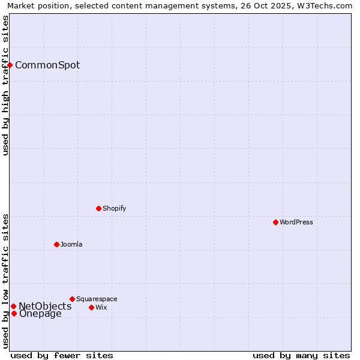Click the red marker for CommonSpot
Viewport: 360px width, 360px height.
click(x=10, y=65)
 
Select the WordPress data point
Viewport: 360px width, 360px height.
click(x=275, y=222)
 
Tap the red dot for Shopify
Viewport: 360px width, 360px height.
click(x=98, y=208)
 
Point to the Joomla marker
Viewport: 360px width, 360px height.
click(x=56, y=244)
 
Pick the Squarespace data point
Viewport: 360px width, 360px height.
click(x=72, y=299)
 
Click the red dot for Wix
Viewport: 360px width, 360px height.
click(x=91, y=307)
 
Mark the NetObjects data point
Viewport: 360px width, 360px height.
click(x=13, y=306)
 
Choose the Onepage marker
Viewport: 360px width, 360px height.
click(x=14, y=313)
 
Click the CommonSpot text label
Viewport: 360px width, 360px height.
click(x=47, y=65)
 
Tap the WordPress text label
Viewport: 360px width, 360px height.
click(x=296, y=223)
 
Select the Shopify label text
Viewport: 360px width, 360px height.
click(x=115, y=209)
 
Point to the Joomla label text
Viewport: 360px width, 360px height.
click(x=71, y=245)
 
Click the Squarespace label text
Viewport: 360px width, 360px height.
click(x=97, y=299)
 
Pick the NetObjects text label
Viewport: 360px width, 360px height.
click(x=45, y=307)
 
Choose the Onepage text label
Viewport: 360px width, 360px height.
click(x=40, y=314)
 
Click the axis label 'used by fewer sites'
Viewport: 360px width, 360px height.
click(x=62, y=355)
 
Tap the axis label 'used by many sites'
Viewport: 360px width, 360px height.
click(x=301, y=355)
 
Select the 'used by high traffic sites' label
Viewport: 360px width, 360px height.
click(x=6, y=85)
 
